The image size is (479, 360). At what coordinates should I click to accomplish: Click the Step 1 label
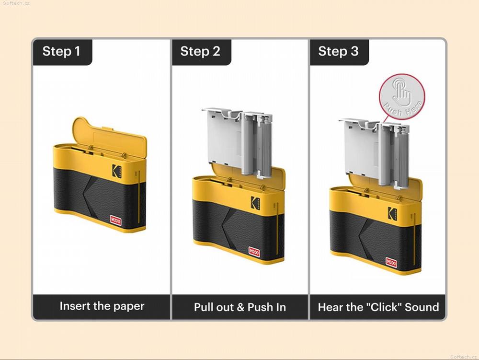point(61,51)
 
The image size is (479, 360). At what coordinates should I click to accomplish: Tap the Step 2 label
point(200,51)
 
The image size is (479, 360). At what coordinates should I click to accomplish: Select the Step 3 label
point(338,51)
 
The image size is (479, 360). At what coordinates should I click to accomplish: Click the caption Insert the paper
point(102,306)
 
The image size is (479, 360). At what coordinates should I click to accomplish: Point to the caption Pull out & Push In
point(240,307)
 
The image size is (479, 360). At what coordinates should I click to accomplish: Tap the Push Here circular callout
point(402,96)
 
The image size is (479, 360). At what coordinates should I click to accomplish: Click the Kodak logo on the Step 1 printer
point(117,171)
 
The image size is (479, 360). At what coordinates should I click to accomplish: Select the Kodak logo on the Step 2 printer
point(255,203)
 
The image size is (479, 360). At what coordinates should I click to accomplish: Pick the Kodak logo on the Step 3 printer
point(393,213)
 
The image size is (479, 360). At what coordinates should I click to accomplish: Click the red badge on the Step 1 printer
point(115,221)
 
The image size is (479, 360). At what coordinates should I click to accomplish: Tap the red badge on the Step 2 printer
point(254,252)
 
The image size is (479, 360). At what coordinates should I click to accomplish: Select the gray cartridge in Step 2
point(238,142)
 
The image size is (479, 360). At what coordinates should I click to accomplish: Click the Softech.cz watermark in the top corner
point(16,3)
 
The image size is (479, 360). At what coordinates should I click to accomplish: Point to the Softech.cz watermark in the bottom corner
point(463,357)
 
